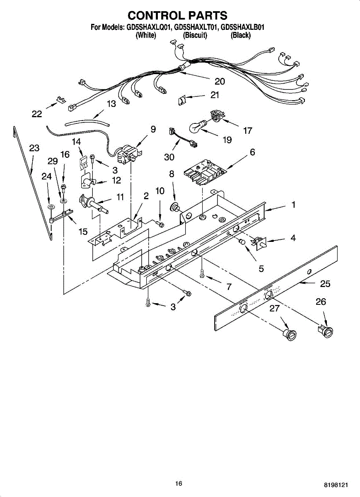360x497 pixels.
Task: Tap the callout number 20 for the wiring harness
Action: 220,81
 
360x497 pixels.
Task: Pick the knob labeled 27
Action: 290,335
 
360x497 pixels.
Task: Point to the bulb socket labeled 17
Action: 217,115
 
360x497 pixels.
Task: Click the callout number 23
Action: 34,148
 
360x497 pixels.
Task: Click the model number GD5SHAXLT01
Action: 196,28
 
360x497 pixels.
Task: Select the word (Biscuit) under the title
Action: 195,36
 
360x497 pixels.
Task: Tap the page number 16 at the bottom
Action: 179,483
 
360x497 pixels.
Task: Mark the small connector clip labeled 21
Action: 181,100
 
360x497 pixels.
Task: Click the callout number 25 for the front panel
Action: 325,284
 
